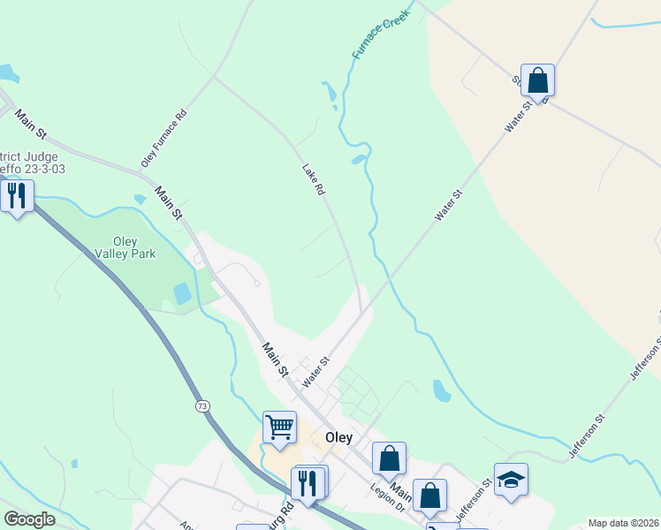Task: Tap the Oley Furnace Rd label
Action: coord(164,139)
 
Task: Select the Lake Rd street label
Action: coord(314,179)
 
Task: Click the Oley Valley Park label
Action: coord(125,246)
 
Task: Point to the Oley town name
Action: coord(338,437)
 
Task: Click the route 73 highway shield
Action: coord(203,405)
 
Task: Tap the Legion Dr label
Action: coord(386,500)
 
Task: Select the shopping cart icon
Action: coord(279,428)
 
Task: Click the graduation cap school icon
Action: coord(511,480)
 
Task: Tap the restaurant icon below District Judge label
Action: coord(17,194)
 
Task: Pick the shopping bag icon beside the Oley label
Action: coord(389,458)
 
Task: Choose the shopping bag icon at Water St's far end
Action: coord(537,80)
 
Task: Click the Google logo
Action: coord(29,519)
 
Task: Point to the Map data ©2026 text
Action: coord(623,523)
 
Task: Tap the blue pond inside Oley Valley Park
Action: coord(182,293)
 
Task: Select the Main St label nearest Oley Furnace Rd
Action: coord(168,202)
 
